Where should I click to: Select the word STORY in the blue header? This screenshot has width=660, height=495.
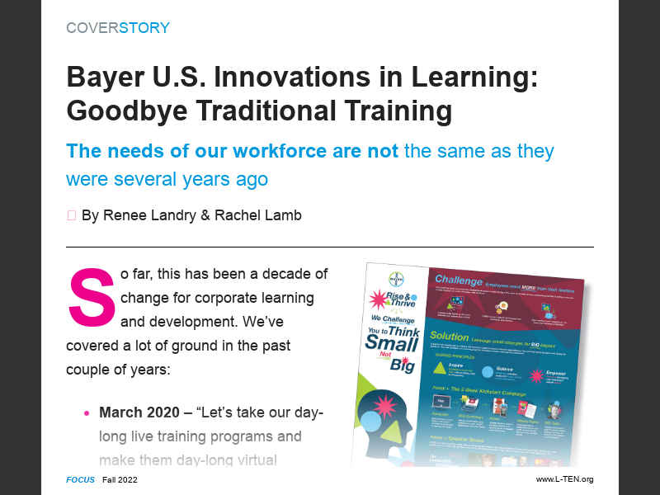tap(144, 28)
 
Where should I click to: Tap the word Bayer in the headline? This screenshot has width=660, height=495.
tap(99, 78)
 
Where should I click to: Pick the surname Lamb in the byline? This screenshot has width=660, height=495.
tap(283, 215)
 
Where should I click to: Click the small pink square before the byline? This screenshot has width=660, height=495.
tap(71, 215)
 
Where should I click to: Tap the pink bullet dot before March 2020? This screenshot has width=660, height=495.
tap(87, 412)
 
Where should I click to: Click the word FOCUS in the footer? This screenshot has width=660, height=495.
tap(81, 479)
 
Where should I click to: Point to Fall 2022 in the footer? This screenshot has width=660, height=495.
tap(120, 479)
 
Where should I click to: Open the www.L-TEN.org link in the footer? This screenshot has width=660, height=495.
tap(564, 479)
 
